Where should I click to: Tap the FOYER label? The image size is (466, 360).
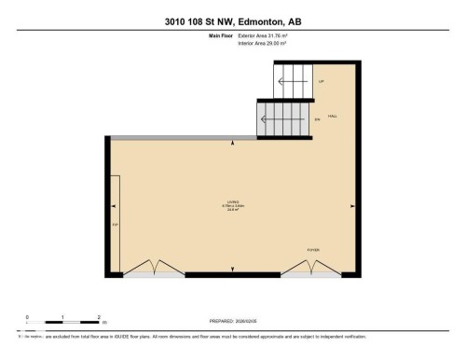[x=313, y=251]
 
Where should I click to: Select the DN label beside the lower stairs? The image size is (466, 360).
[x=318, y=119]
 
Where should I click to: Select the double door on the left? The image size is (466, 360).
[x=150, y=270]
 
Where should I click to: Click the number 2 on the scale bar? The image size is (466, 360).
[x=98, y=318]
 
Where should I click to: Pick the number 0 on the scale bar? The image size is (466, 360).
[x=27, y=318]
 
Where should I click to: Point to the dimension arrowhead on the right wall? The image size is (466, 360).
[x=350, y=207]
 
